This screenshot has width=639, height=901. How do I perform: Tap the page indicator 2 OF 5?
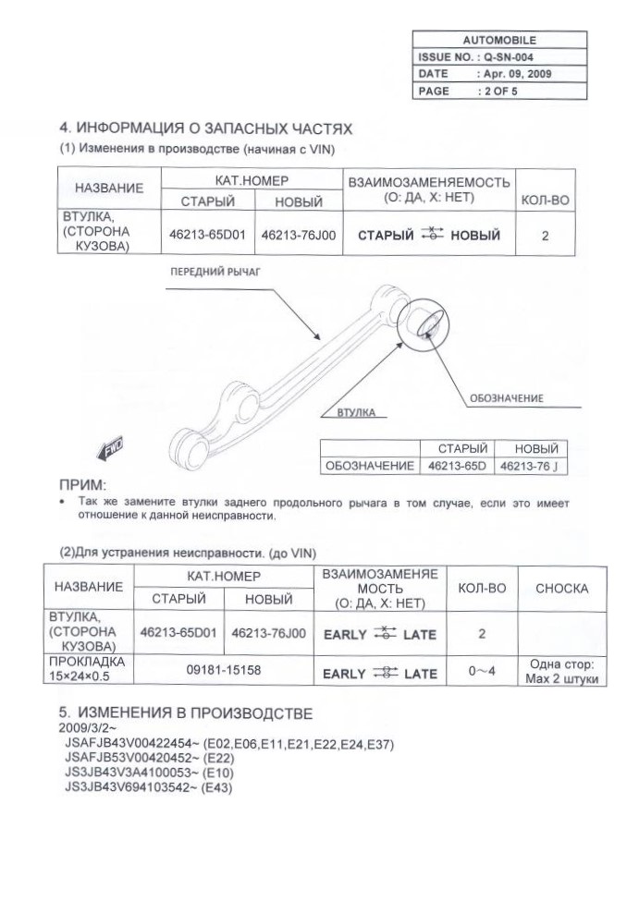[x=500, y=91]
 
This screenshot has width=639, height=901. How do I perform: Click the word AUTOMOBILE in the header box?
[x=499, y=41]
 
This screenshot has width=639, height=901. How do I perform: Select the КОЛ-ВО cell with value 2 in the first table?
[x=545, y=236]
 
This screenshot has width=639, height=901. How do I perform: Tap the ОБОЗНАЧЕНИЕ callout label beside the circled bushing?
[x=506, y=398]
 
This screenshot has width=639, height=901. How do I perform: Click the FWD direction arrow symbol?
[x=113, y=449]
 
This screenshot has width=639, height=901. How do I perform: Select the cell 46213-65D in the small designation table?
[x=457, y=467]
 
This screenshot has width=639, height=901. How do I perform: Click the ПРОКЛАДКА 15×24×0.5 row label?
[x=87, y=671]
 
